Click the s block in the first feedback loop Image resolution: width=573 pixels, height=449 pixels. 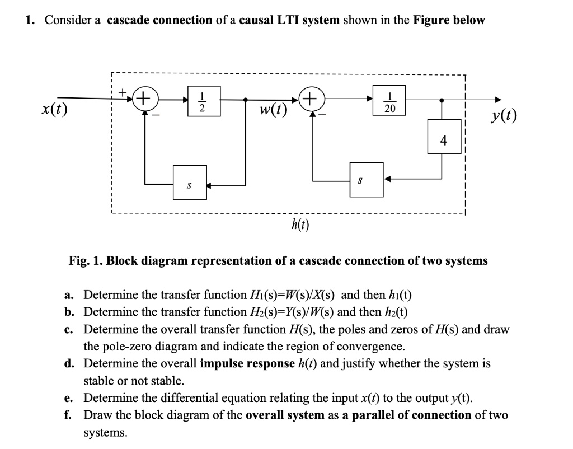[x=189, y=181]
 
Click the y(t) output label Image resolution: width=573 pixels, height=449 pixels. [x=502, y=116]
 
